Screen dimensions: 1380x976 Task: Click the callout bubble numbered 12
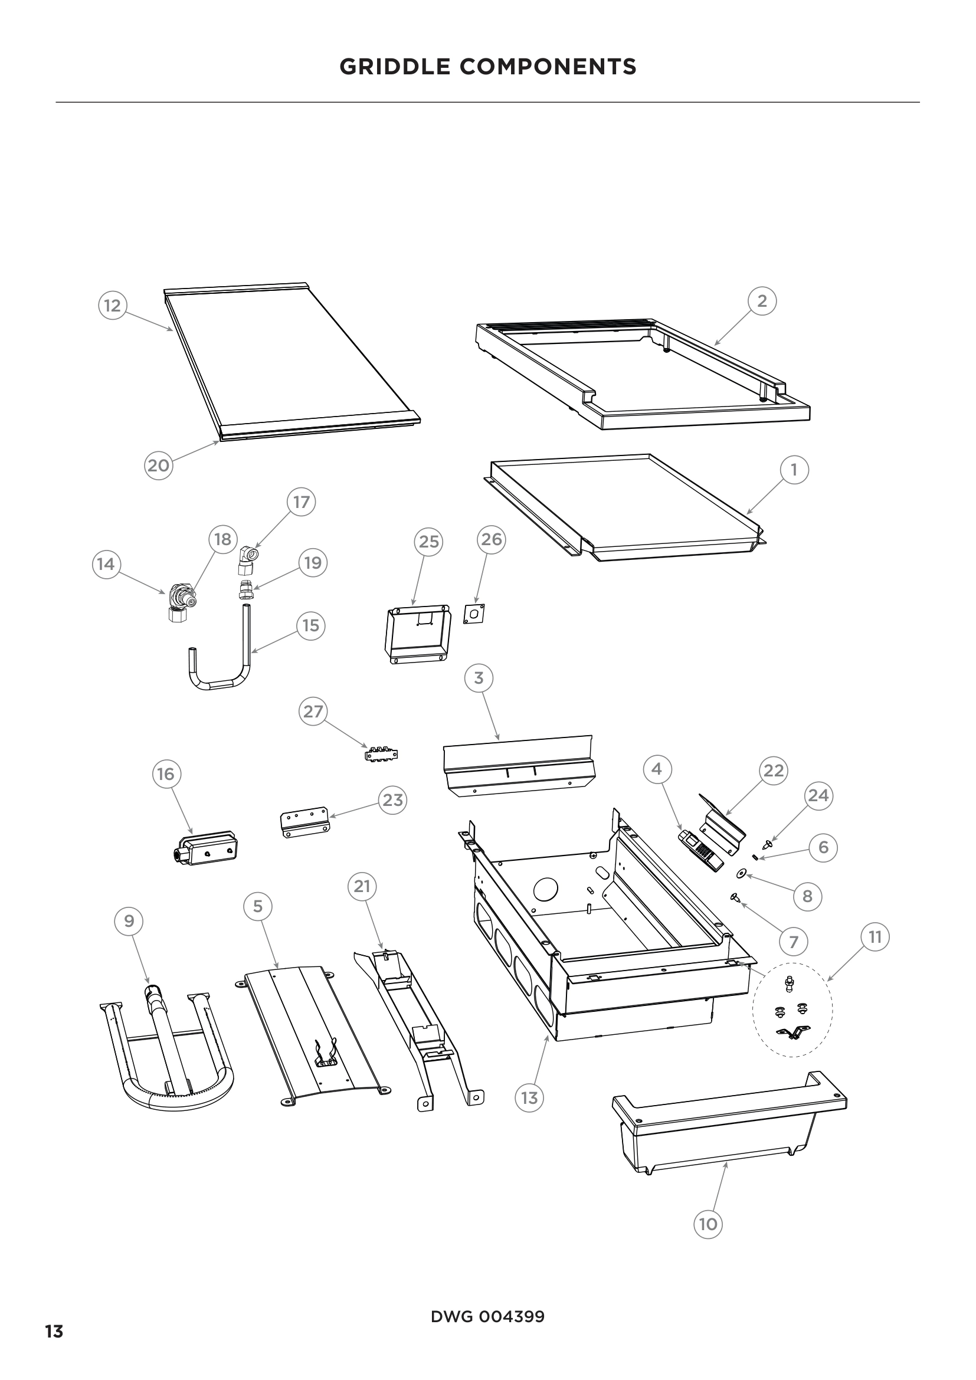coord(112,306)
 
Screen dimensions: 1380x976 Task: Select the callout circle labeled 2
coord(762,300)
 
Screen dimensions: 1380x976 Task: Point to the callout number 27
coord(313,712)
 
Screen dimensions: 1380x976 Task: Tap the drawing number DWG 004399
coord(487,1316)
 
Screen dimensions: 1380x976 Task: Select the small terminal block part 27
coord(382,753)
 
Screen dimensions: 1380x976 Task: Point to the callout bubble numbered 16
coord(166,774)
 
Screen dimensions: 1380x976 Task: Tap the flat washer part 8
coord(743,872)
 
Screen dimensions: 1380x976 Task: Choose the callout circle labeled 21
coord(362,886)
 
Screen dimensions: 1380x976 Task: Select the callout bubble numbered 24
coord(818,795)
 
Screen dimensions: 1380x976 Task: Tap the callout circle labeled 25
coord(428,542)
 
